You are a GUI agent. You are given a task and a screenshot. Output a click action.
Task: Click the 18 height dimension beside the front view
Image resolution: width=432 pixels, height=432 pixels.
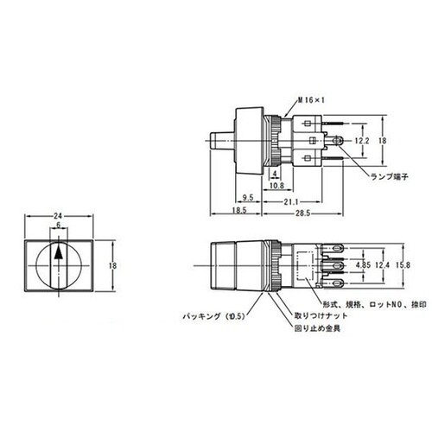click(115, 267)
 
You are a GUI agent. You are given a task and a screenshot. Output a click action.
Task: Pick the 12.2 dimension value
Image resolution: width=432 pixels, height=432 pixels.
click(363, 138)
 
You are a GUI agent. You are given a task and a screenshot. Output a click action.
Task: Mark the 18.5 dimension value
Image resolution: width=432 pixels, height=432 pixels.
click(238, 211)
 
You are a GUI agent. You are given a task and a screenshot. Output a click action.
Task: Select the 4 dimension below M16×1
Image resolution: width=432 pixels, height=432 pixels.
click(274, 174)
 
